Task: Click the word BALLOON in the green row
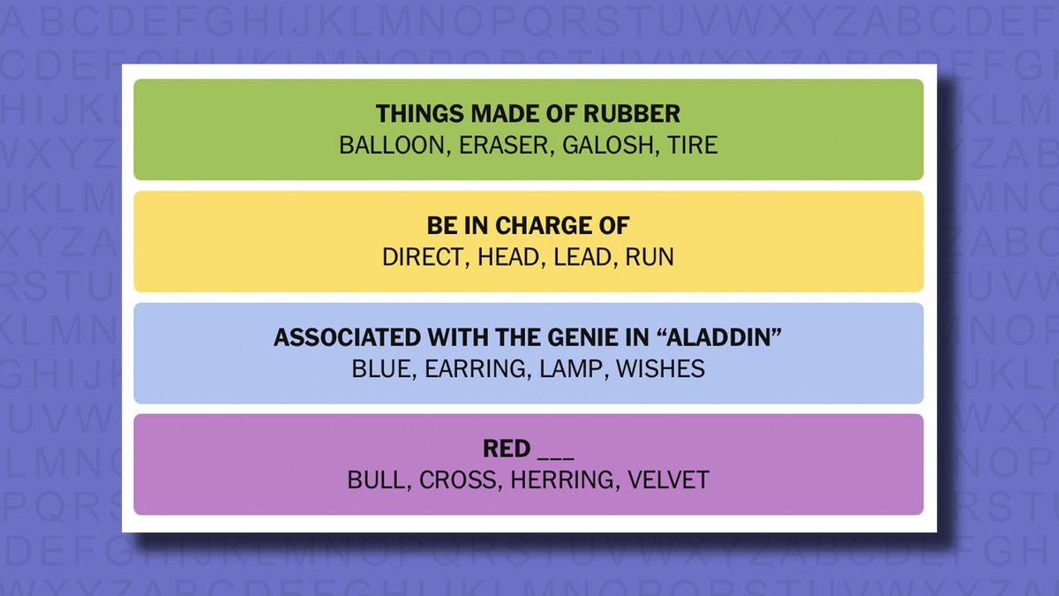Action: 392,145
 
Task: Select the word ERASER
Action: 504,145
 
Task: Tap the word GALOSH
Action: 608,145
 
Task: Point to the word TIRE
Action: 693,145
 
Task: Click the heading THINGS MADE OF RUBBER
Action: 528,114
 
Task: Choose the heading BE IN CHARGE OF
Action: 528,226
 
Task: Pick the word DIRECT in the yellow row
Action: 423,257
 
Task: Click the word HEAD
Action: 508,257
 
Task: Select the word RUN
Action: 650,257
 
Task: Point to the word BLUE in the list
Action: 381,369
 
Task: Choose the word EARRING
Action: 475,369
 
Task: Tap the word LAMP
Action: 571,369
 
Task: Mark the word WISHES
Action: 661,369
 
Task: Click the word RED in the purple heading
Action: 507,449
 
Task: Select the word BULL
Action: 376,480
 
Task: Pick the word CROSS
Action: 457,480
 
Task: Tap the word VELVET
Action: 669,480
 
